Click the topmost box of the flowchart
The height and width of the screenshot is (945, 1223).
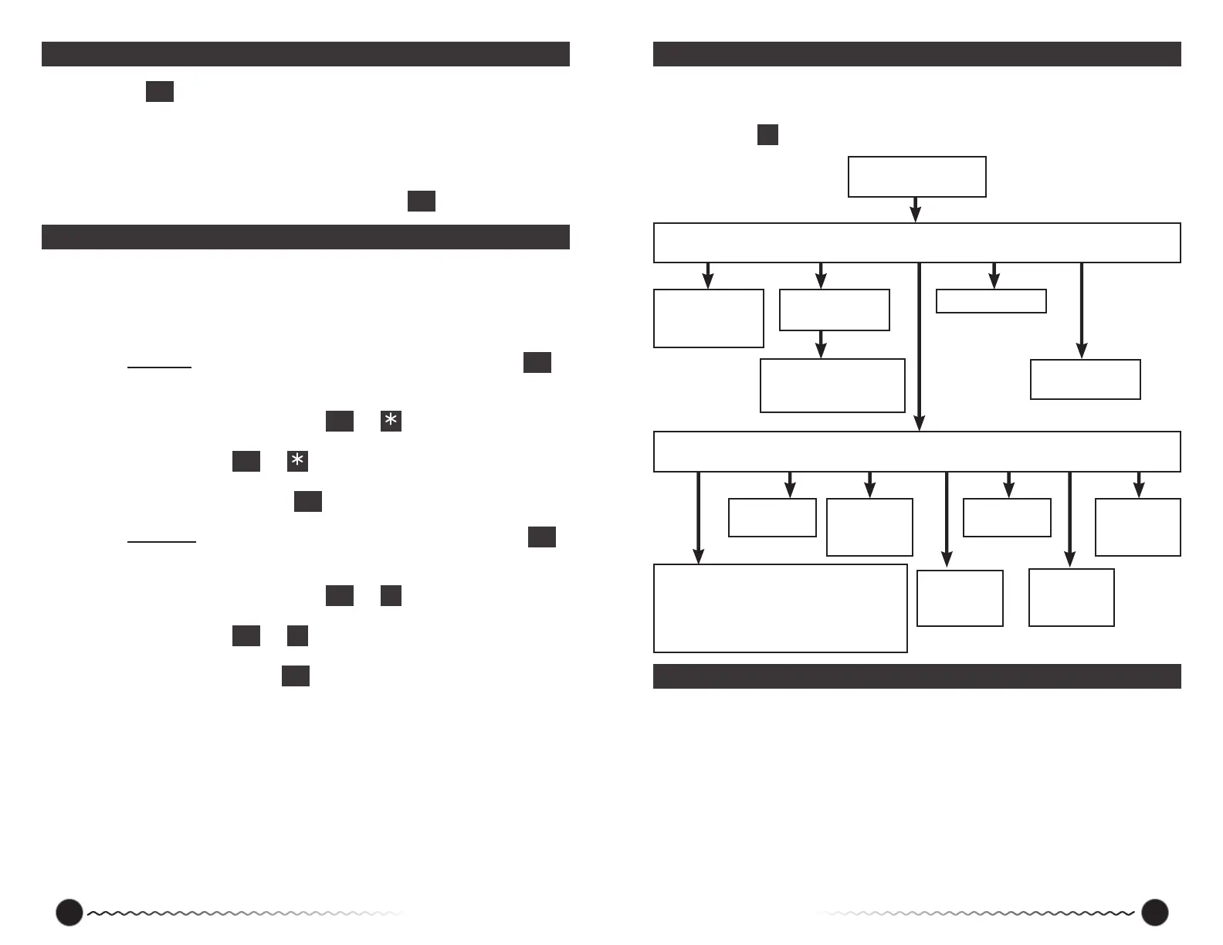[916, 177]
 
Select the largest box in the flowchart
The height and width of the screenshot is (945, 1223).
[780, 608]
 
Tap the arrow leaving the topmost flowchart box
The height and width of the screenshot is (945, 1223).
[916, 209]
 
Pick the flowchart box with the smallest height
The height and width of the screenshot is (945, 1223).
[991, 301]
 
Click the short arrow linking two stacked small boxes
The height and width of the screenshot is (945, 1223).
[821, 344]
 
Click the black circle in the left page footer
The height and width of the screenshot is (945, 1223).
[69, 912]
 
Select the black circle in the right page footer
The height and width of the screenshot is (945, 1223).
[1154, 912]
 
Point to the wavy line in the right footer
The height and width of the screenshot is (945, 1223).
[977, 913]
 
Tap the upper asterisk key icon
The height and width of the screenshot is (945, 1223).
[391, 421]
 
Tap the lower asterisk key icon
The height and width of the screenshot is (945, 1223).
[297, 461]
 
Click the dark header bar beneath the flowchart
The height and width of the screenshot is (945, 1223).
[916, 676]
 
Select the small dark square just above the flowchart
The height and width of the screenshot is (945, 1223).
[767, 134]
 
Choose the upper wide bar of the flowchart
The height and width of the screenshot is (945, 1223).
[916, 243]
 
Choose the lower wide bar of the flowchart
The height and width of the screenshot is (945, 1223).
[916, 452]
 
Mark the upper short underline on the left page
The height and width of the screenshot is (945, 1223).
[159, 368]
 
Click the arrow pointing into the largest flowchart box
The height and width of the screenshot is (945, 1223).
[698, 517]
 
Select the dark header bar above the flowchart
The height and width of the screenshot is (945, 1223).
[916, 54]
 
